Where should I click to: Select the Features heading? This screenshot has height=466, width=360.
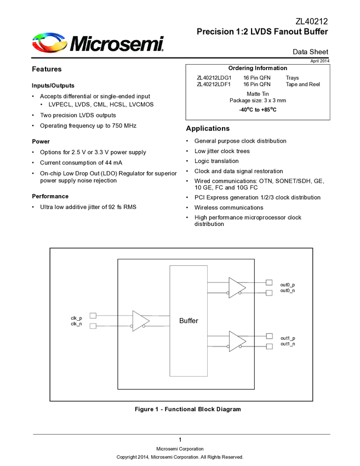(x=47, y=69)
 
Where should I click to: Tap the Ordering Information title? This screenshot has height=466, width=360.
(x=257, y=68)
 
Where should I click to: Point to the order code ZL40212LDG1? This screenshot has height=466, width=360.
(x=214, y=78)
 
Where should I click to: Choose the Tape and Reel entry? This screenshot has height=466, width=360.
(x=302, y=84)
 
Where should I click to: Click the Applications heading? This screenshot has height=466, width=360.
(x=208, y=129)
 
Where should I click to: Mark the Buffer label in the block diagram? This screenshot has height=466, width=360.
(x=188, y=321)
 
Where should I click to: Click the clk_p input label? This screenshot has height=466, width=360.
(x=76, y=318)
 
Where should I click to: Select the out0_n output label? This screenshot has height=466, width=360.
(x=287, y=291)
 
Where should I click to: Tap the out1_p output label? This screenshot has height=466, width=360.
(x=287, y=338)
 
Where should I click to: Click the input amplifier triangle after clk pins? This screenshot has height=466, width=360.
(x=140, y=320)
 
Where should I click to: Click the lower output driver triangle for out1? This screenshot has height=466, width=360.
(x=237, y=340)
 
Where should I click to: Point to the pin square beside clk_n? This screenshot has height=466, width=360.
(x=93, y=326)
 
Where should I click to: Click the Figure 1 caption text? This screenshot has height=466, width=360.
(x=187, y=409)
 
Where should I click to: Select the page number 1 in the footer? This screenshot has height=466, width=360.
(x=180, y=440)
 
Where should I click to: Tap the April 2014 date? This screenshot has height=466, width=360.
(x=320, y=60)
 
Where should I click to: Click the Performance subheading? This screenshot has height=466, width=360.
(x=50, y=196)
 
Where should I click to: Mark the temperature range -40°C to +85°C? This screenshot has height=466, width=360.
(x=257, y=110)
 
